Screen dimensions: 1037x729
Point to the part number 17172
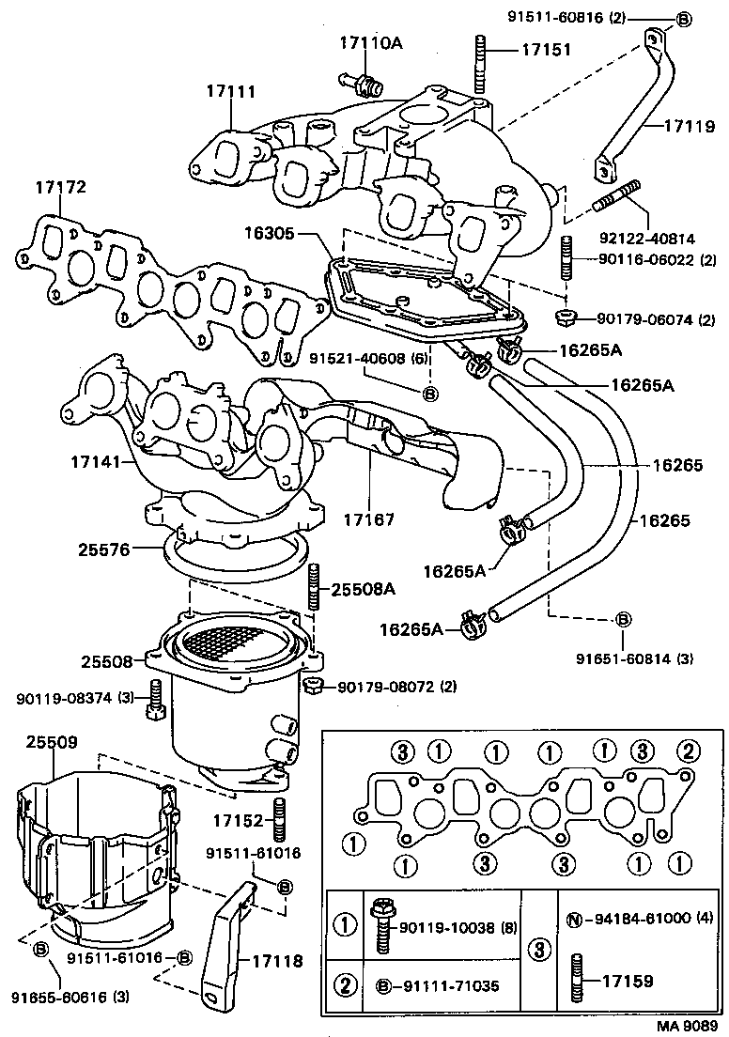click(x=61, y=188)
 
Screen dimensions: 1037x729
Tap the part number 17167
click(x=369, y=518)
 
